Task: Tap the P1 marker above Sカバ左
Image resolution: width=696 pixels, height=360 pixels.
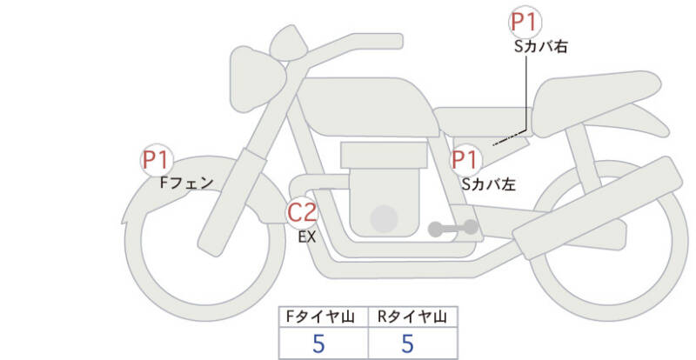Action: click(x=465, y=160)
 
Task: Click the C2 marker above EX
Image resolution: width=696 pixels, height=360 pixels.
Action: click(x=303, y=212)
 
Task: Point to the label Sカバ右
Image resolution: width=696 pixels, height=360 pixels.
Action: click(x=540, y=47)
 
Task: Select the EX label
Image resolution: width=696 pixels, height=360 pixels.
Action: click(x=306, y=236)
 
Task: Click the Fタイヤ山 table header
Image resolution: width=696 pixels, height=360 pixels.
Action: click(x=324, y=316)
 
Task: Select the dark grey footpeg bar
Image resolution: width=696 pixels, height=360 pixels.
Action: click(x=453, y=229)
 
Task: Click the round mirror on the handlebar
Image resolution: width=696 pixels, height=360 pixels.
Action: click(x=289, y=39)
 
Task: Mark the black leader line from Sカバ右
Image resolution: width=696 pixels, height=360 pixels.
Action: click(x=525, y=96)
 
